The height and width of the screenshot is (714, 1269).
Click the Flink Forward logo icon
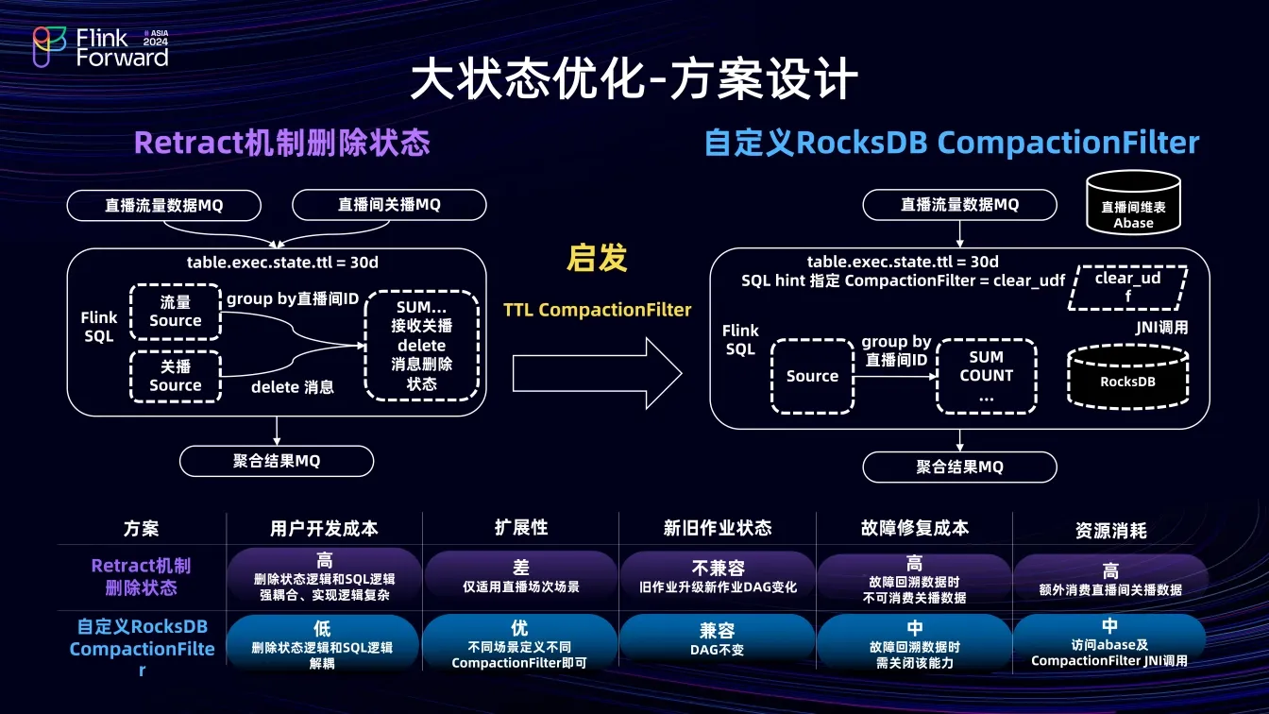pos(49,47)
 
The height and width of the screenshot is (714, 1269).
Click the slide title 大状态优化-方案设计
pos(634,78)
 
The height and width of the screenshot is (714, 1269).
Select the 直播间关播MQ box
pos(389,205)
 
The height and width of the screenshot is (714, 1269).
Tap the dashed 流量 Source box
pos(176,313)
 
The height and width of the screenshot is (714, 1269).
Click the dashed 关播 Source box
pos(176,376)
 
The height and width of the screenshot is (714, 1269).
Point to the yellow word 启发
pos(597,258)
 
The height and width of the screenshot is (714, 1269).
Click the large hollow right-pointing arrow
pos(597,373)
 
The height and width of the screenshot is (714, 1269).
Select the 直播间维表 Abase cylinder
pos(1134,202)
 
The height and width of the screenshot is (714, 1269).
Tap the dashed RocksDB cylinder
pos(1128,376)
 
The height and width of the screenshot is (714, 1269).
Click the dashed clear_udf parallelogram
pos(1128,288)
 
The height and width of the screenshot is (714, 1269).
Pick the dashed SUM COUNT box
pos(987,376)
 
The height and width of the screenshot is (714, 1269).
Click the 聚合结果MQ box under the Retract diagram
pos(277,461)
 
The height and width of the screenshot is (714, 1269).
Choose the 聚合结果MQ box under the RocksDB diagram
pos(959,467)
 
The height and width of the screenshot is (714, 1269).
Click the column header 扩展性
pos(521,528)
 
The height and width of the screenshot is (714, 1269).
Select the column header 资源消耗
pos(1111,531)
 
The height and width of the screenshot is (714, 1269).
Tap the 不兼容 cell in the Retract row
pos(718,576)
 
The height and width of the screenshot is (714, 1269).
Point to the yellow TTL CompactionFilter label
pos(597,310)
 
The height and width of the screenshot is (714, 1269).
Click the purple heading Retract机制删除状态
pos(282,143)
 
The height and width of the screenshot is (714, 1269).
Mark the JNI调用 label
pos(1161,328)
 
